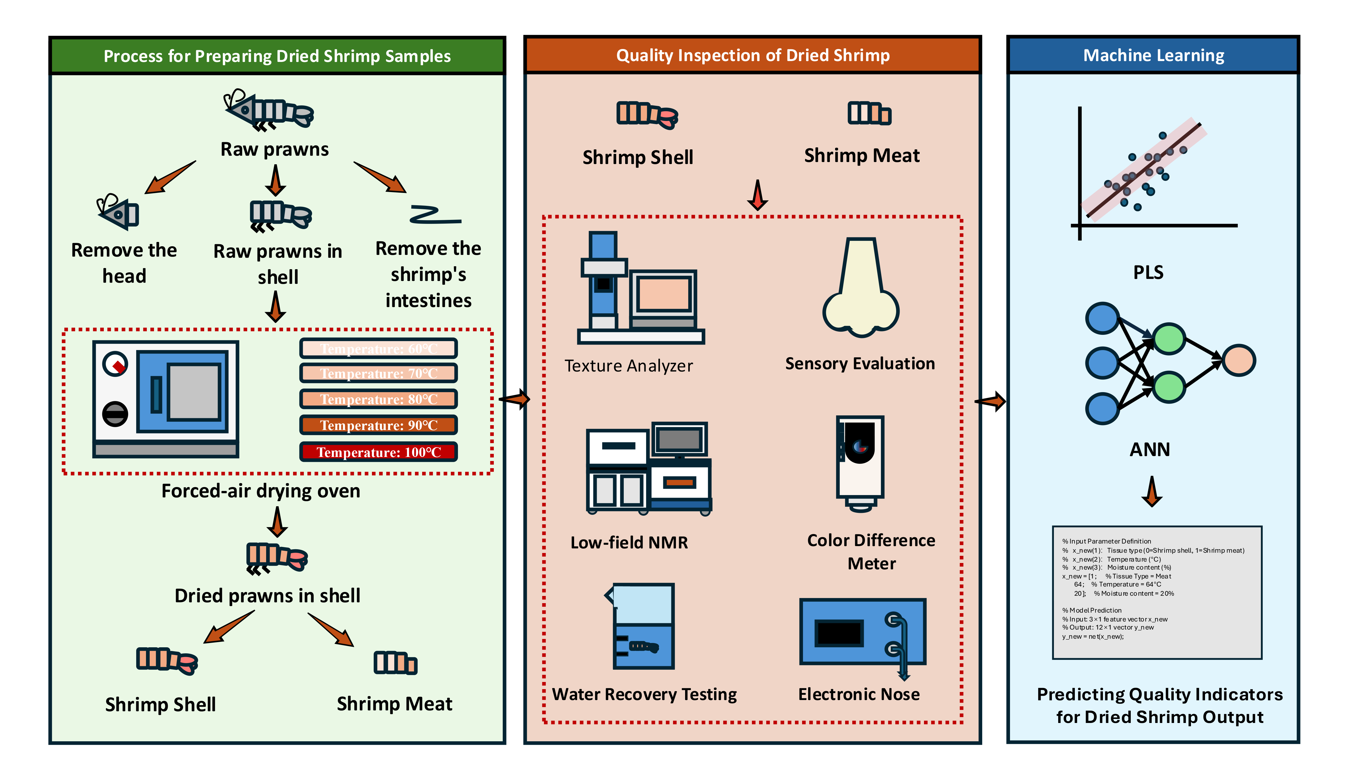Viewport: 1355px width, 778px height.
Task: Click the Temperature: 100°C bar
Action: (379, 452)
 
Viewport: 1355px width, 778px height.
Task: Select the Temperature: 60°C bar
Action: (379, 348)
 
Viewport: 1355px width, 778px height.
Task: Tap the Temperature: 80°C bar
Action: (379, 399)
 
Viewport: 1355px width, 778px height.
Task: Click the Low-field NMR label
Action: (629, 542)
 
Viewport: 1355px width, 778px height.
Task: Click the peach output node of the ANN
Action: (1239, 361)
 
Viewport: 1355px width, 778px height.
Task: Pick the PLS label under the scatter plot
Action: (1148, 273)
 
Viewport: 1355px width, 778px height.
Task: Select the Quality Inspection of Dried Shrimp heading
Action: (752, 56)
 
